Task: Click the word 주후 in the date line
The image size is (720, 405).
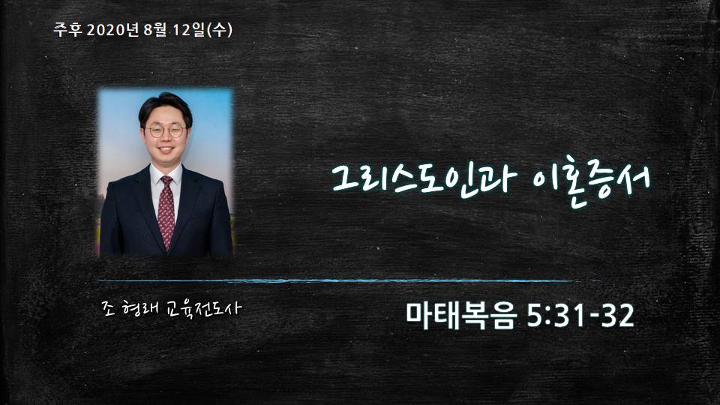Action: click(67, 30)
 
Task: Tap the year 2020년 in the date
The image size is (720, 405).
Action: click(112, 30)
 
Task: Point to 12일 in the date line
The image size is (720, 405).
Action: click(189, 30)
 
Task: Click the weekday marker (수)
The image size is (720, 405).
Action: click(220, 30)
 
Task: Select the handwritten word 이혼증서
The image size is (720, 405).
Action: click(592, 180)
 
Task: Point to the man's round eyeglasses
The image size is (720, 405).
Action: click(166, 131)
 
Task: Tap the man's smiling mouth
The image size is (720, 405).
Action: click(166, 150)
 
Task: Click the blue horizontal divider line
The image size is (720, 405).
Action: click(349, 280)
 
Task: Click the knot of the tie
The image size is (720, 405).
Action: click(166, 181)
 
